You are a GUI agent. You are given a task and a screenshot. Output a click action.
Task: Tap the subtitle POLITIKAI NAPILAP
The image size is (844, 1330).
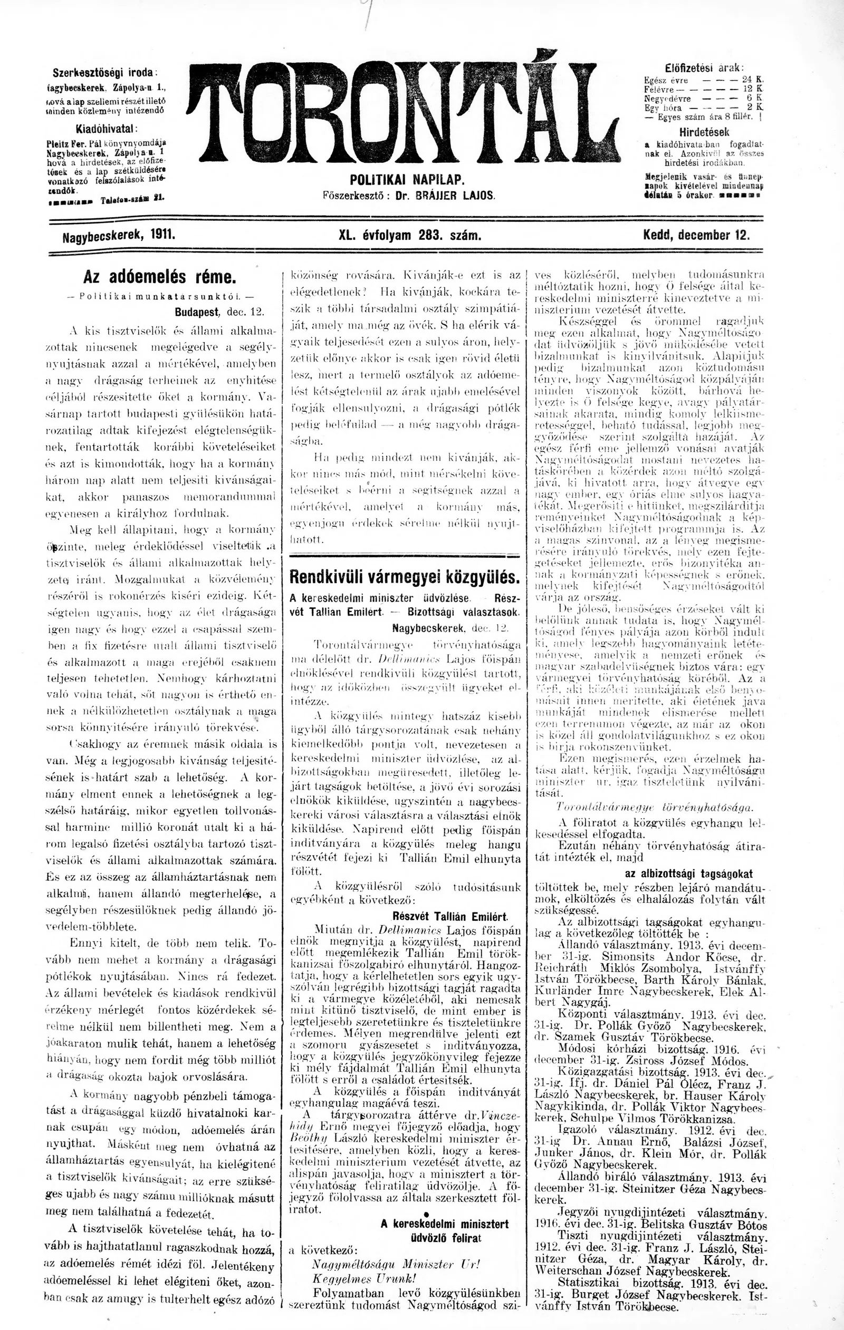407,180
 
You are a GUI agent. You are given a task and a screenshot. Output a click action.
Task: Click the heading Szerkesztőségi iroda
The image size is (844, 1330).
105,73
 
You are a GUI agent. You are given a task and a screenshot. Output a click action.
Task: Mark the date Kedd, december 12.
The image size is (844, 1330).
696,235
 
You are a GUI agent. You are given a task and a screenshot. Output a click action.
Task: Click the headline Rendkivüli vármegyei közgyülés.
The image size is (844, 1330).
405,577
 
